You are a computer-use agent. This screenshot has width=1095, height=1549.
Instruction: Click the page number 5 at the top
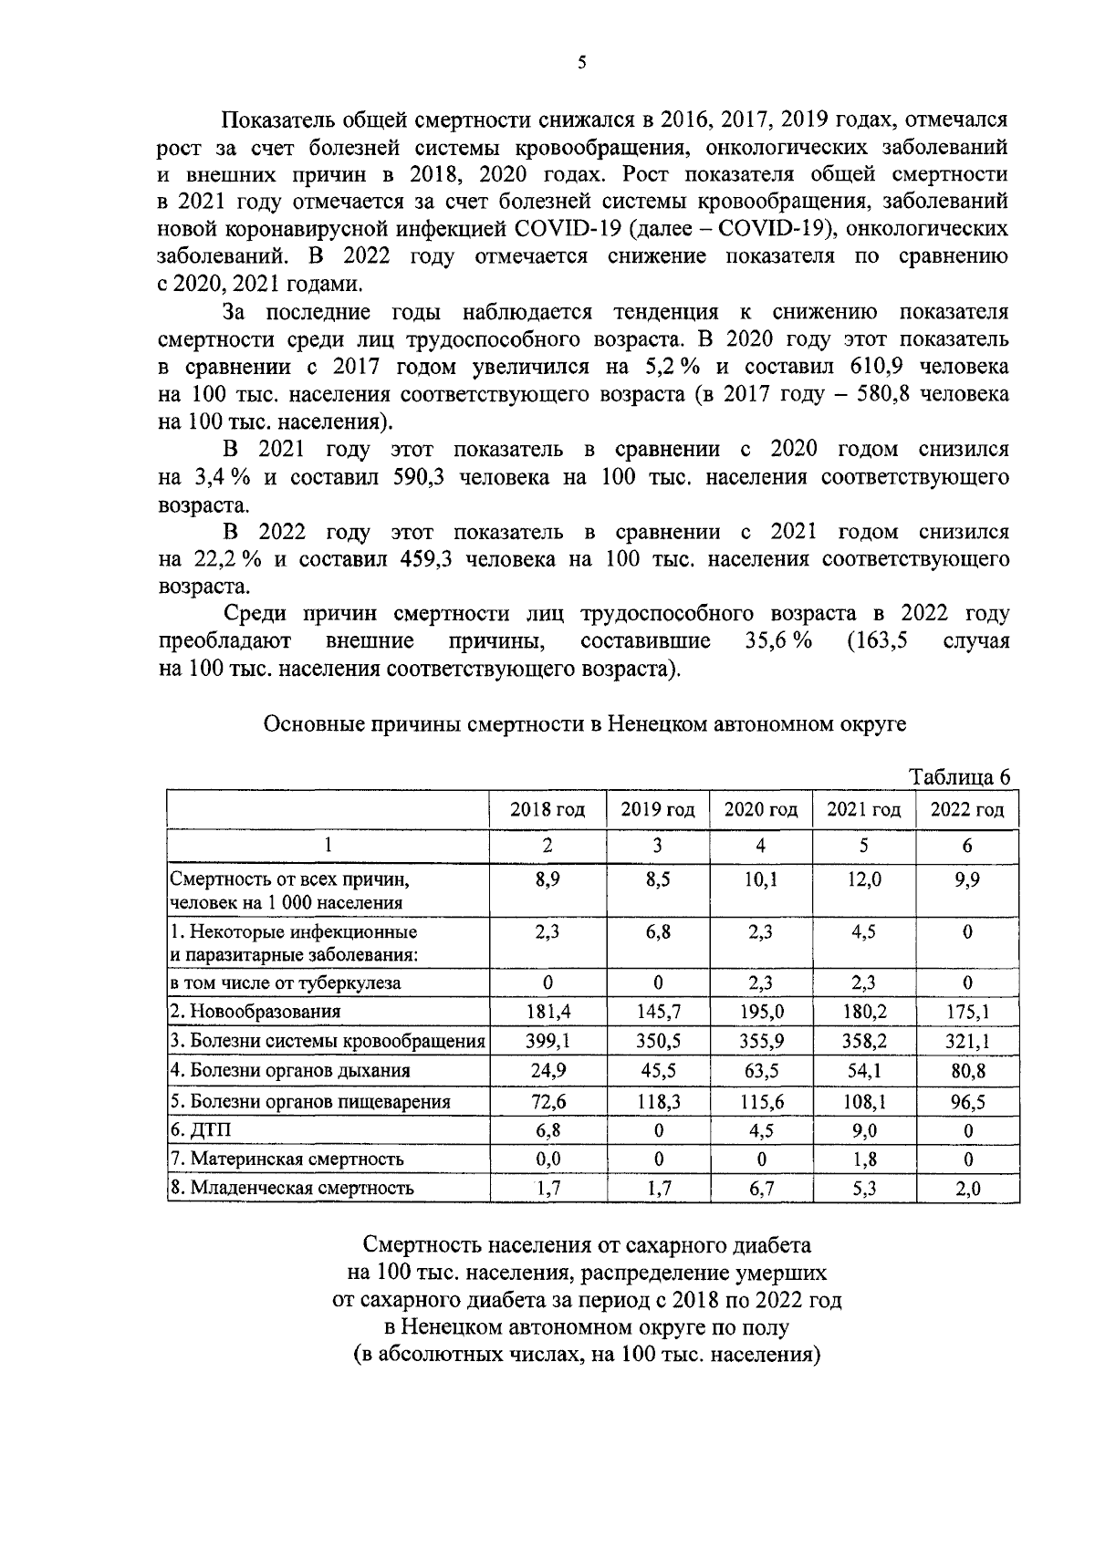click(x=582, y=63)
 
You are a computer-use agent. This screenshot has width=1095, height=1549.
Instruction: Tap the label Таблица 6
click(x=961, y=777)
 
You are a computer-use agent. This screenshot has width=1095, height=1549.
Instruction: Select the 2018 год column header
click(x=547, y=809)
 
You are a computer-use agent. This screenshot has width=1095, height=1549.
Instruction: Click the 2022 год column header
click(x=966, y=809)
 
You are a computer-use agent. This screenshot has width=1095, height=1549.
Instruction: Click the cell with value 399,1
click(x=547, y=1041)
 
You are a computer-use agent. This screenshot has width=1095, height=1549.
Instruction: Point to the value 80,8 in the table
click(x=967, y=1071)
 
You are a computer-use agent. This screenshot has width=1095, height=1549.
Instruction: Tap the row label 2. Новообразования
click(x=255, y=1012)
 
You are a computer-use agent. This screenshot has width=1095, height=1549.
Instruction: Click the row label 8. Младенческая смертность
click(x=292, y=1188)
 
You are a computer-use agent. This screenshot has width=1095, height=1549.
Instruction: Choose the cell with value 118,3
click(x=658, y=1101)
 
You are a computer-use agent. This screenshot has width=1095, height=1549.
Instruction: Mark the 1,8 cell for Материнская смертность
click(x=863, y=1159)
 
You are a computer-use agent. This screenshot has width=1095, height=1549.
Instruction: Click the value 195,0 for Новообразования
click(x=760, y=1012)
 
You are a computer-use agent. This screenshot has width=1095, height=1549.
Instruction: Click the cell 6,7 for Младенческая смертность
click(x=760, y=1188)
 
